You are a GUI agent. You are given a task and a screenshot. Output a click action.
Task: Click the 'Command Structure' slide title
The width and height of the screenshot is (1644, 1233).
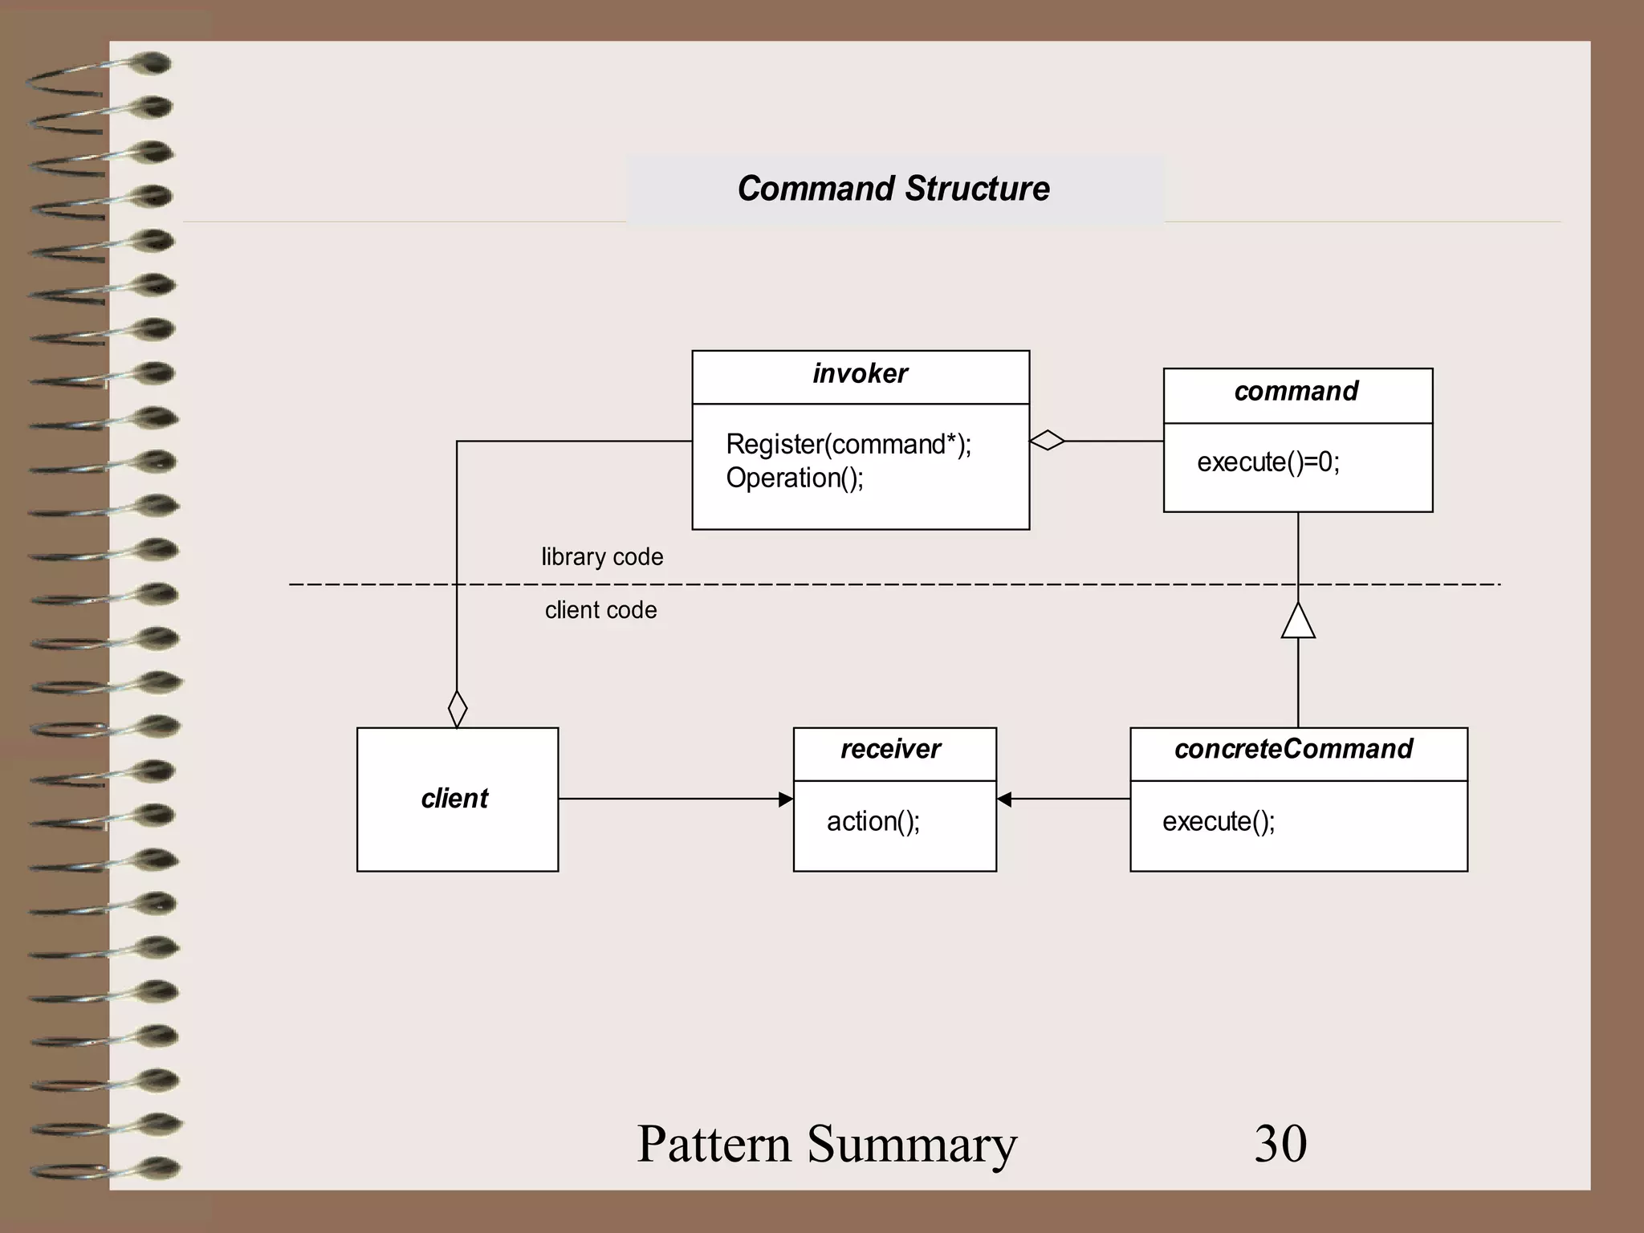[x=893, y=189]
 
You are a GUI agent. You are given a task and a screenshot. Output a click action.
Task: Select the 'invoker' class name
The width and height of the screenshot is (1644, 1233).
[x=860, y=374]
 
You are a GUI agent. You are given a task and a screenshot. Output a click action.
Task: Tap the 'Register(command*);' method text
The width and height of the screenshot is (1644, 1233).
[x=848, y=444]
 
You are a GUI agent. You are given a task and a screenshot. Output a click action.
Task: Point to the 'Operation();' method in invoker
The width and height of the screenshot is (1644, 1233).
[x=794, y=478]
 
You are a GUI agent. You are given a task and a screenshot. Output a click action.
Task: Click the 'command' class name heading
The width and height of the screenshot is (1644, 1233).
[x=1296, y=392]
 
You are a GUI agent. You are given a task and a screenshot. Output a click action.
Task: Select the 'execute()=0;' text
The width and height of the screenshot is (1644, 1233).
[x=1268, y=462]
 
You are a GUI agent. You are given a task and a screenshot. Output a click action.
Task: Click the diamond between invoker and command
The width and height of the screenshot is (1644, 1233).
[x=1047, y=441]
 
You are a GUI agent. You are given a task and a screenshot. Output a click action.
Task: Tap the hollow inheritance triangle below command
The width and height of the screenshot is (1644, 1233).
[x=1298, y=621]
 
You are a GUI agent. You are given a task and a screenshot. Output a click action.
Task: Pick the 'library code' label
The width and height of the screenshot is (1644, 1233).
[x=602, y=557]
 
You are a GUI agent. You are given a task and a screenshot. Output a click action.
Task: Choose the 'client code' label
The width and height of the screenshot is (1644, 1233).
[x=600, y=610]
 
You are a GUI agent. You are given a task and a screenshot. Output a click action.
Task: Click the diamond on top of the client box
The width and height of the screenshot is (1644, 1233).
[x=457, y=709]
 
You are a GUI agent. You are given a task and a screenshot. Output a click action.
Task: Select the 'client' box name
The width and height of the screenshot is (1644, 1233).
[x=454, y=799]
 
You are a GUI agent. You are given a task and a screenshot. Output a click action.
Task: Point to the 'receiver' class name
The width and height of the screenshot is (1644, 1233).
[x=890, y=749]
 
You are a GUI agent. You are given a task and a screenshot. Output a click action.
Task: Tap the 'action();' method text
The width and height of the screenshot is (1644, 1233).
[x=873, y=821]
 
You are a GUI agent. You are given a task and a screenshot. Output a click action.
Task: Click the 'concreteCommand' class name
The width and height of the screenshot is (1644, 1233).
[x=1293, y=749]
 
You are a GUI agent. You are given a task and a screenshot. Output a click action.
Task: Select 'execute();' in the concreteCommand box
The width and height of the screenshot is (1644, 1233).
[x=1218, y=821]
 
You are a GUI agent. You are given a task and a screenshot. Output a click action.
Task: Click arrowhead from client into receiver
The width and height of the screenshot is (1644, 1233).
[x=786, y=799]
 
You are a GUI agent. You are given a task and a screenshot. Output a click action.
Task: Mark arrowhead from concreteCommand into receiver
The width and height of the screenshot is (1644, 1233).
[x=1004, y=799]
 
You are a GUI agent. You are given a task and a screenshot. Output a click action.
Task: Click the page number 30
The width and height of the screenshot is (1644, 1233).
[x=1280, y=1143]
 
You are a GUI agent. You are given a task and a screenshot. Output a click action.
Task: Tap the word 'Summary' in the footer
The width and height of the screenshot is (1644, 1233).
[x=912, y=1145]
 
